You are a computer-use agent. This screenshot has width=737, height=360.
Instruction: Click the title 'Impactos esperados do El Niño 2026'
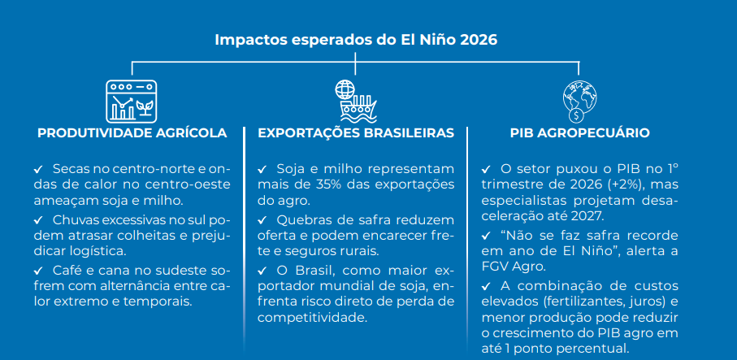[356, 40]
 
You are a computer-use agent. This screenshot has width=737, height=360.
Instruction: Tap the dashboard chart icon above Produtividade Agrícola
[132, 102]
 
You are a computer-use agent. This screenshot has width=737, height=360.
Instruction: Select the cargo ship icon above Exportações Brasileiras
[355, 101]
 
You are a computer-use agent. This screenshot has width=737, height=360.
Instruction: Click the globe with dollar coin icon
[579, 102]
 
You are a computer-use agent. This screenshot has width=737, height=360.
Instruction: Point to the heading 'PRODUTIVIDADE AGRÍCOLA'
[132, 133]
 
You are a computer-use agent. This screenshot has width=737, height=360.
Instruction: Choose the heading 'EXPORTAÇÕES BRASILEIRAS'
[356, 133]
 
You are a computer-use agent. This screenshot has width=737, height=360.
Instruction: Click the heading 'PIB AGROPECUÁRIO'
[579, 133]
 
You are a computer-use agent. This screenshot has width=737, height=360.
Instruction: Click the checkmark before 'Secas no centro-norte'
[38, 168]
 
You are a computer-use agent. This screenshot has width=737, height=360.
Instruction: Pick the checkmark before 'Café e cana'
[38, 271]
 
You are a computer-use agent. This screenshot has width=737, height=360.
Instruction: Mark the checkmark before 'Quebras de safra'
[262, 219]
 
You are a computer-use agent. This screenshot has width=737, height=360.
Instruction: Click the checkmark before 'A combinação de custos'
[486, 286]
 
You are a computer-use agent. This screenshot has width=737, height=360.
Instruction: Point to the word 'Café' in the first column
[64, 271]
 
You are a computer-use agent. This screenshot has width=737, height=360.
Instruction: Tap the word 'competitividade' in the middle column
[311, 317]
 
